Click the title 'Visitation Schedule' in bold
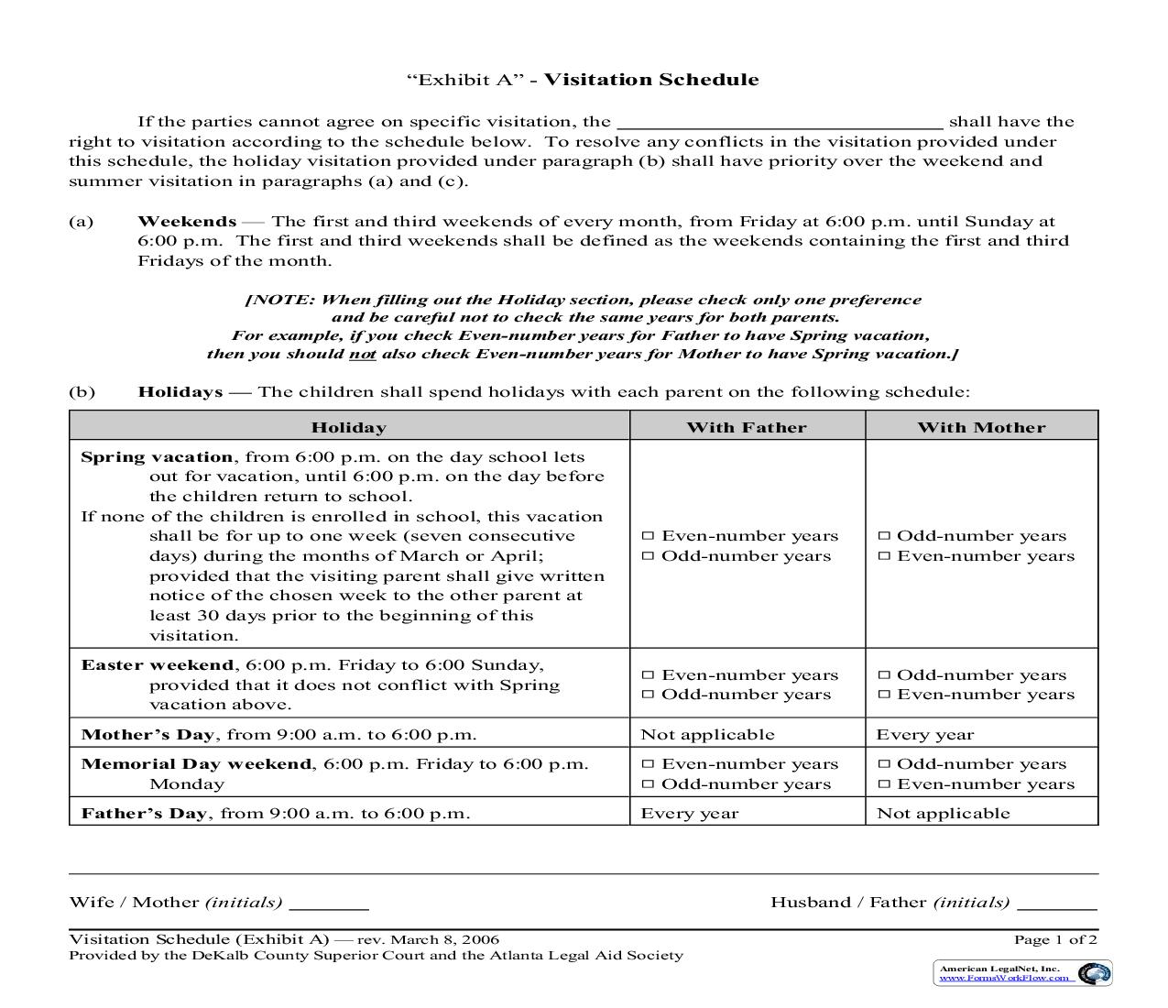651,80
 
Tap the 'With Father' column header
747,427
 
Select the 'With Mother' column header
981,427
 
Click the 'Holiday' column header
349,427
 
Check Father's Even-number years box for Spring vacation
648,536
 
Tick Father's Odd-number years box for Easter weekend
648,695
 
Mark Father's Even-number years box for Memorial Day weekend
648,764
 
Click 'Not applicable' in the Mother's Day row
707,734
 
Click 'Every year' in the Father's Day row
689,813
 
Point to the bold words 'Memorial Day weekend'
196,764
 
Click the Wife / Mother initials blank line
329,907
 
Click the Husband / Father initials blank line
1057,907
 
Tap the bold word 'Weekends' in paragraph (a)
187,222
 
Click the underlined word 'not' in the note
362,355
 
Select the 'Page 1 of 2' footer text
1055,939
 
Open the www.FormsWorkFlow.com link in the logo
1003,978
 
